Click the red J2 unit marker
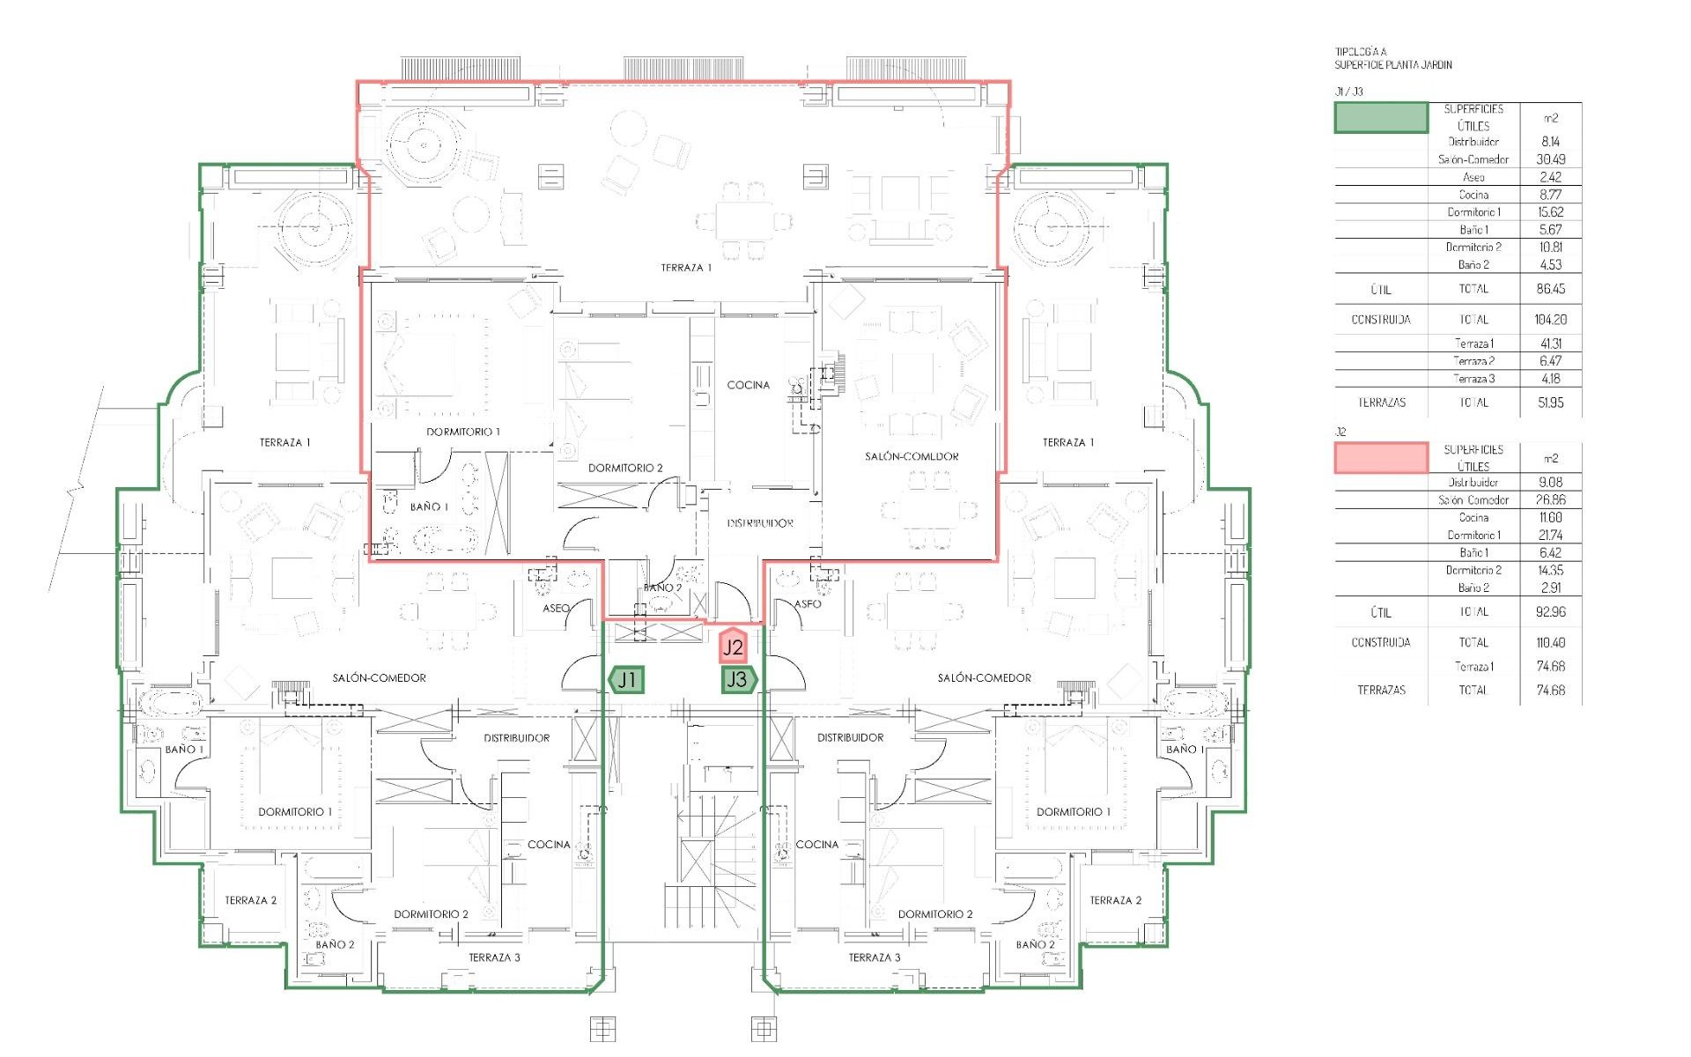point(733,647)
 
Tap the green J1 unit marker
point(626,679)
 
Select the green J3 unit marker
point(738,679)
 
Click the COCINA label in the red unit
point(748,385)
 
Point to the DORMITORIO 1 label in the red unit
point(462,432)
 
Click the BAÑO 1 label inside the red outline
point(429,506)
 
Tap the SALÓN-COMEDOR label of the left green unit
point(379,677)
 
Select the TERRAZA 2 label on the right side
point(1115,900)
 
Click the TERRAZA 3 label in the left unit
point(493,957)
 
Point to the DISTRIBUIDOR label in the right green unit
point(850,737)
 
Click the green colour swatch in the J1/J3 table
point(1380,118)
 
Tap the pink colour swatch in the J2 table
point(1380,458)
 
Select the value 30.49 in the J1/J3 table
point(1550,159)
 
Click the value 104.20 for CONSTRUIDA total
point(1550,320)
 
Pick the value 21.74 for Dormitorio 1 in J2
point(1550,535)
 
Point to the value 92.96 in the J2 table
point(1550,611)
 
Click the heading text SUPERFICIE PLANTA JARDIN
point(1392,64)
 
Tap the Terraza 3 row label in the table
point(1473,379)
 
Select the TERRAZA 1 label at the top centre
point(685,267)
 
